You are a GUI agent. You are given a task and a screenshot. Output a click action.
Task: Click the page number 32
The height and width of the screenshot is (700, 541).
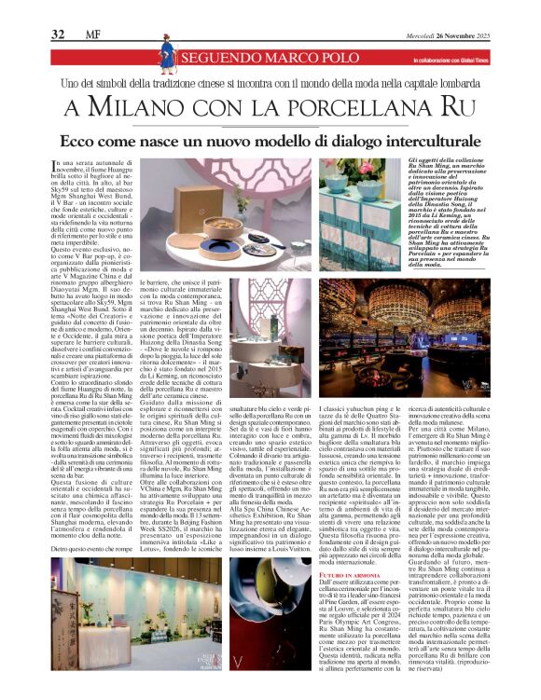coord(58,35)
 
